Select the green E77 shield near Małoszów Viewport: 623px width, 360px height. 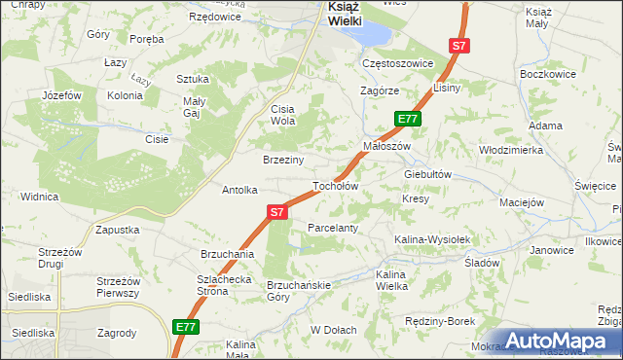point(408,119)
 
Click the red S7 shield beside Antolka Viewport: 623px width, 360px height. point(277,211)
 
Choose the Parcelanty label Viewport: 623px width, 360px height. point(333,227)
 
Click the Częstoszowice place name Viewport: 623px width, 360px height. point(396,63)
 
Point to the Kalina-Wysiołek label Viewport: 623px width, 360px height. point(432,238)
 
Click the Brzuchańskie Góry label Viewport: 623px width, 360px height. point(300,291)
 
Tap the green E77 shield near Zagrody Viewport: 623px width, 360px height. point(188,327)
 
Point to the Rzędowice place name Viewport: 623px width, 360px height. point(215,18)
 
